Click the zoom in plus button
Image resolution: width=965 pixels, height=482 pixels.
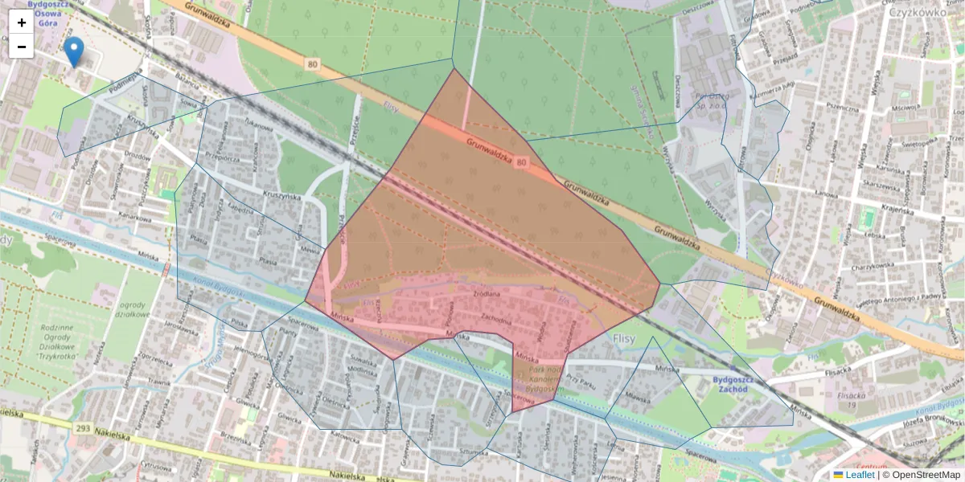point(22,22)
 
